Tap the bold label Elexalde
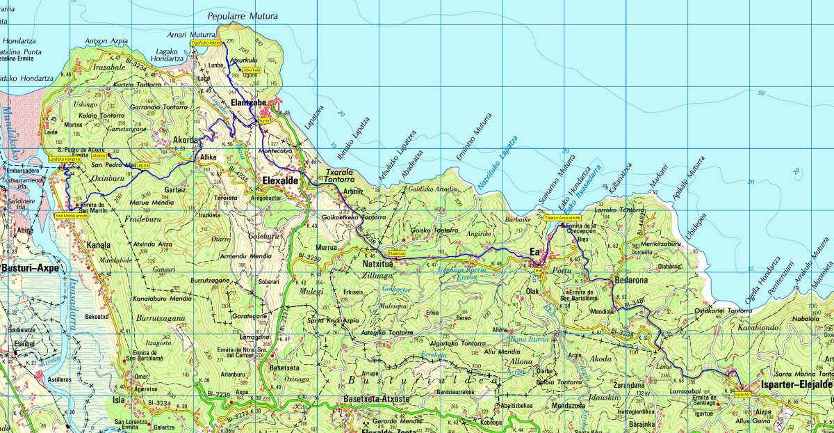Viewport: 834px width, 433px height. point(280,180)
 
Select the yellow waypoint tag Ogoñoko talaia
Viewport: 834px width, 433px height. point(206,43)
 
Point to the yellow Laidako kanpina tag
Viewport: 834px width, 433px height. point(65,159)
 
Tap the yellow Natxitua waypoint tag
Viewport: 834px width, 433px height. point(397,253)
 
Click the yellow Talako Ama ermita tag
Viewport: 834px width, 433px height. point(562,218)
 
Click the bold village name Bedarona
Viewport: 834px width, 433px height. point(632,280)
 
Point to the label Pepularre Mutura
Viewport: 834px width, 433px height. point(243,16)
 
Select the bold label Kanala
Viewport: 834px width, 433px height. point(99,244)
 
